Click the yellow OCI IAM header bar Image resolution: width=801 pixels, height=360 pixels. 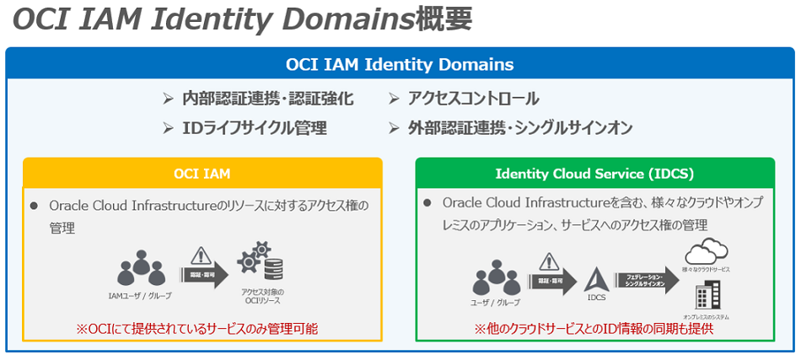pos(202,174)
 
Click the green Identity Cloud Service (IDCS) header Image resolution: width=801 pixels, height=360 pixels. pos(594,174)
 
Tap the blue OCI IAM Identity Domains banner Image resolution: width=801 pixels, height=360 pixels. pos(400,64)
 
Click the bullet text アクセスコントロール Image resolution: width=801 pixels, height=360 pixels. pos(473,99)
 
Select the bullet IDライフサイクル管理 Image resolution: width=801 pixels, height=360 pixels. pos(254,128)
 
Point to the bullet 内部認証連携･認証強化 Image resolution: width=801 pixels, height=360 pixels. pos(267,99)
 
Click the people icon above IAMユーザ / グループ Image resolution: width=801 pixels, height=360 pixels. pos(141,269)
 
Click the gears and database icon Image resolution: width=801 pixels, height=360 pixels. pos(262,262)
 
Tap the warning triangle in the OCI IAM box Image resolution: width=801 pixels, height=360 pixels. pos(201,255)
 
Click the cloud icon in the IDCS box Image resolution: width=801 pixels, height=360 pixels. pos(707,252)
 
